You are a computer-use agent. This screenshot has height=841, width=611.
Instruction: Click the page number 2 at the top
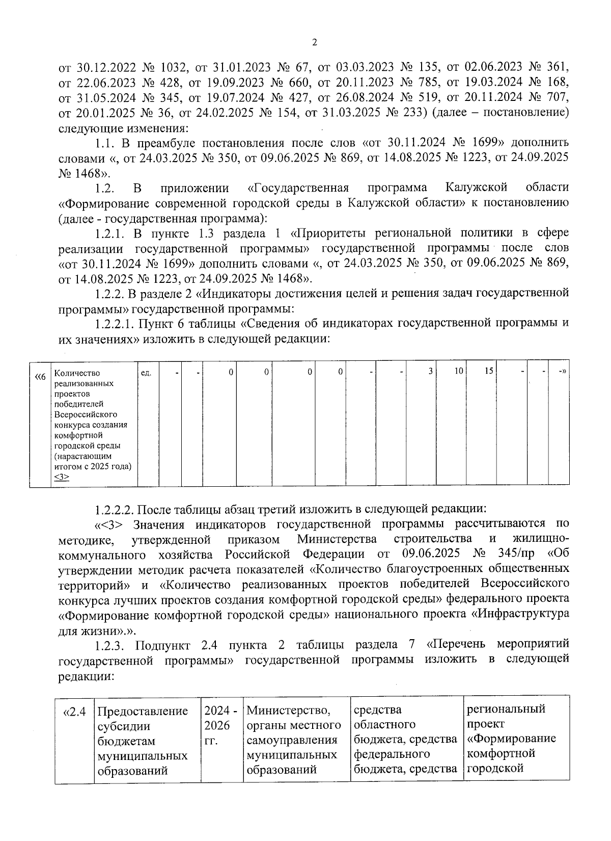click(x=314, y=43)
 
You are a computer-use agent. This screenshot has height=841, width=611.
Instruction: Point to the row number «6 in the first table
click(x=40, y=377)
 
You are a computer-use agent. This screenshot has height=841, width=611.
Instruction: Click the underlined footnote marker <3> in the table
click(x=62, y=477)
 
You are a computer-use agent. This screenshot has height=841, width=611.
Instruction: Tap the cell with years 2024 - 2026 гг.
click(x=220, y=725)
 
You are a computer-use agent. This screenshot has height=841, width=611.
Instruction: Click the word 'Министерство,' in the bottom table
click(x=288, y=710)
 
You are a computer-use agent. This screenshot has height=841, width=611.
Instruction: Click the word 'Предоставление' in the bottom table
click(x=143, y=711)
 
